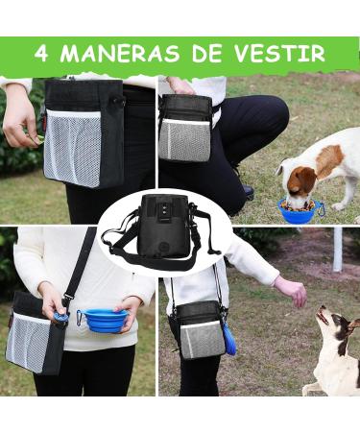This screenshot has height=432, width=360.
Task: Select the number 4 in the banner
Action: pyautogui.click(x=41, y=53)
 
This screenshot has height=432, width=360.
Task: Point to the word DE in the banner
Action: pyautogui.click(x=206, y=53)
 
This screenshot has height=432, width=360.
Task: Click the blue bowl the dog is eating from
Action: pyautogui.click(x=298, y=210)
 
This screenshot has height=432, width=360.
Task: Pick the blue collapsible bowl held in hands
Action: pyautogui.click(x=106, y=320)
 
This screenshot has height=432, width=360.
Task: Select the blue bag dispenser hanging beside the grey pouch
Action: pyautogui.click(x=229, y=338)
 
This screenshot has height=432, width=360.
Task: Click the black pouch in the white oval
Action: pyautogui.click(x=162, y=227)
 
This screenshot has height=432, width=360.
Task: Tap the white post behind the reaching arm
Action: pyautogui.click(x=337, y=249)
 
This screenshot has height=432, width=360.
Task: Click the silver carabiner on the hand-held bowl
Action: pyautogui.click(x=79, y=318)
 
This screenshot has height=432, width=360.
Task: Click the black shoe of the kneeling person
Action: pyautogui.click(x=247, y=192)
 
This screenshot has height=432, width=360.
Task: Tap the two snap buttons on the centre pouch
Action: pyautogui.click(x=163, y=209)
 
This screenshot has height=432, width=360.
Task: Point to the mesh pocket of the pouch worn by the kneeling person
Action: pyautogui.click(x=185, y=141)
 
